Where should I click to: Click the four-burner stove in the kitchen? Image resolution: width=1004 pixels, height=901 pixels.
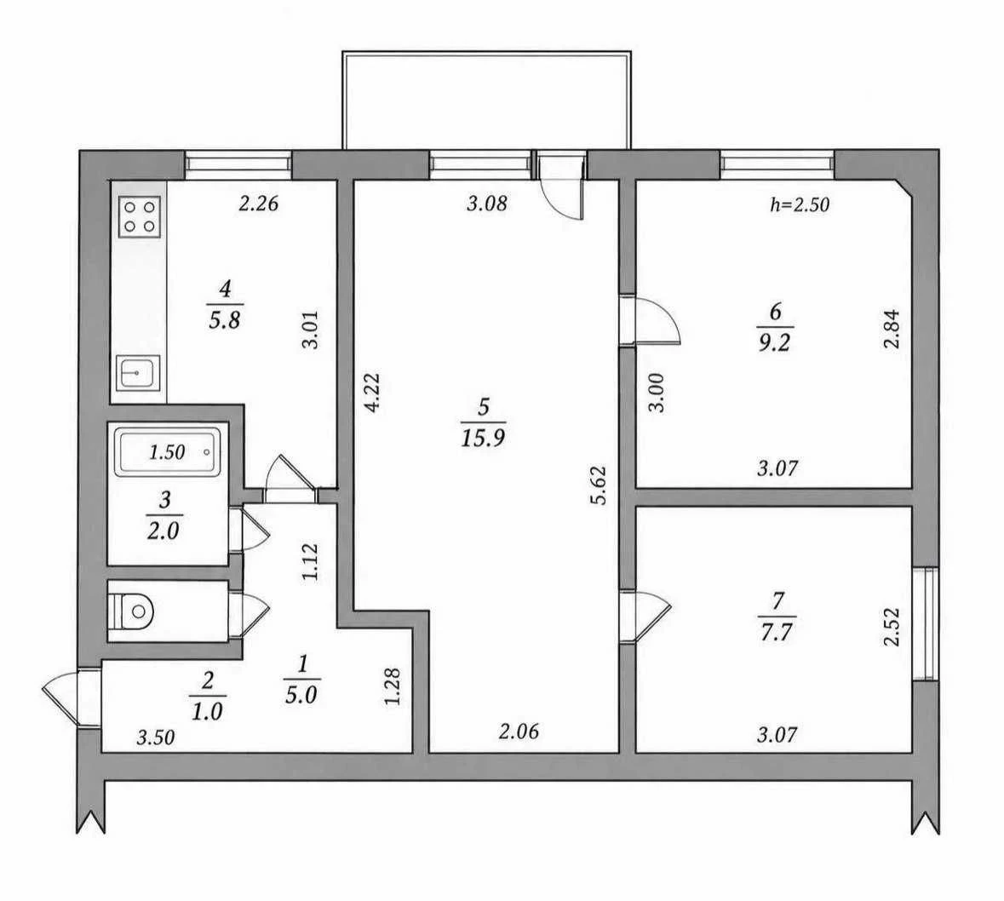pos(140,216)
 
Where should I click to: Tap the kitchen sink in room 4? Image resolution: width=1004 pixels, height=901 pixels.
pos(138,373)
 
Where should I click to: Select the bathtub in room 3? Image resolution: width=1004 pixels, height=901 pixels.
pos(167,452)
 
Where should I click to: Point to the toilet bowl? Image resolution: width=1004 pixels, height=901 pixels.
pos(132,611)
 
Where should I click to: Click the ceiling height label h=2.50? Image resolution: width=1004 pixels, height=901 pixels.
pos(799,205)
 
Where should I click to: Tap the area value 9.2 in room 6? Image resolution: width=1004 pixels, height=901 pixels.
pos(775,342)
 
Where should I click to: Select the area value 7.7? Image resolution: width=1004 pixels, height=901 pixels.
pos(777,632)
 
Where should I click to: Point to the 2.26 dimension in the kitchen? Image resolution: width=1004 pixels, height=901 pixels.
pos(259,204)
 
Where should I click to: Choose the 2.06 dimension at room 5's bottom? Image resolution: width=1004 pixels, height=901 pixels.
pos(519,731)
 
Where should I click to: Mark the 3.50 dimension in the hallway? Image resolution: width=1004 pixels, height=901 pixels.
pos(156,737)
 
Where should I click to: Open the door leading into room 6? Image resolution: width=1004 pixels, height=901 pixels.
pos(649,320)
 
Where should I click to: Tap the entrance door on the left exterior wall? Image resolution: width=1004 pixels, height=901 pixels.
pos(72,697)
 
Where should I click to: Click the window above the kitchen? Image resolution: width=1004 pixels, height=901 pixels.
pos(238,164)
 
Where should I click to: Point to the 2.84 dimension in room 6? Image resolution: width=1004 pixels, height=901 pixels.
pos(892,330)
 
